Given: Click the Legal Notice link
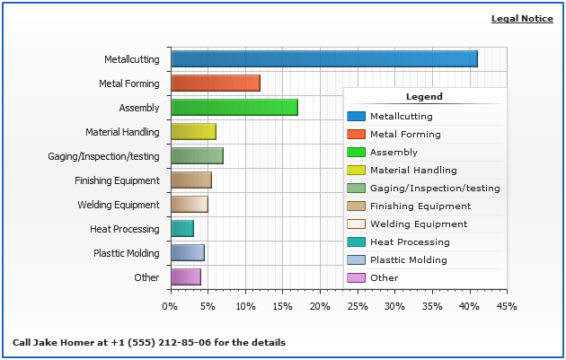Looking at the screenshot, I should coord(522,19).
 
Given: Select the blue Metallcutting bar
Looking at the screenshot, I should coord(323,59).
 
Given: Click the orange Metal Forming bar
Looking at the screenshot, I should coord(216,83).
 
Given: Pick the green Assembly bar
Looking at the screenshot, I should coord(234,108).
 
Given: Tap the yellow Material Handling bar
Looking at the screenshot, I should coord(193,132).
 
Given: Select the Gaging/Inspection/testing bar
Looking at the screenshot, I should coord(197,156).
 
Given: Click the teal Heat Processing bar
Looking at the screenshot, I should coord(182,229).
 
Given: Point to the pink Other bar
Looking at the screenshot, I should coord(186,277).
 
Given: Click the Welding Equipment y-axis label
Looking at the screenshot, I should coord(119,205).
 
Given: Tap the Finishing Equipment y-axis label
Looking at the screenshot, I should coord(117,180).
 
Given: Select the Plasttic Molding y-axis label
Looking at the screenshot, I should coord(127,253).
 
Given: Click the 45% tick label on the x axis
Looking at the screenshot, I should coord(507,306).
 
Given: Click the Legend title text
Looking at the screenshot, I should coord(424,97).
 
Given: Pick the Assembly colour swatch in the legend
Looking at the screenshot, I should coord(356,153).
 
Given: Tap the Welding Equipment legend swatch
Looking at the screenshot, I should coord(356,224).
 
